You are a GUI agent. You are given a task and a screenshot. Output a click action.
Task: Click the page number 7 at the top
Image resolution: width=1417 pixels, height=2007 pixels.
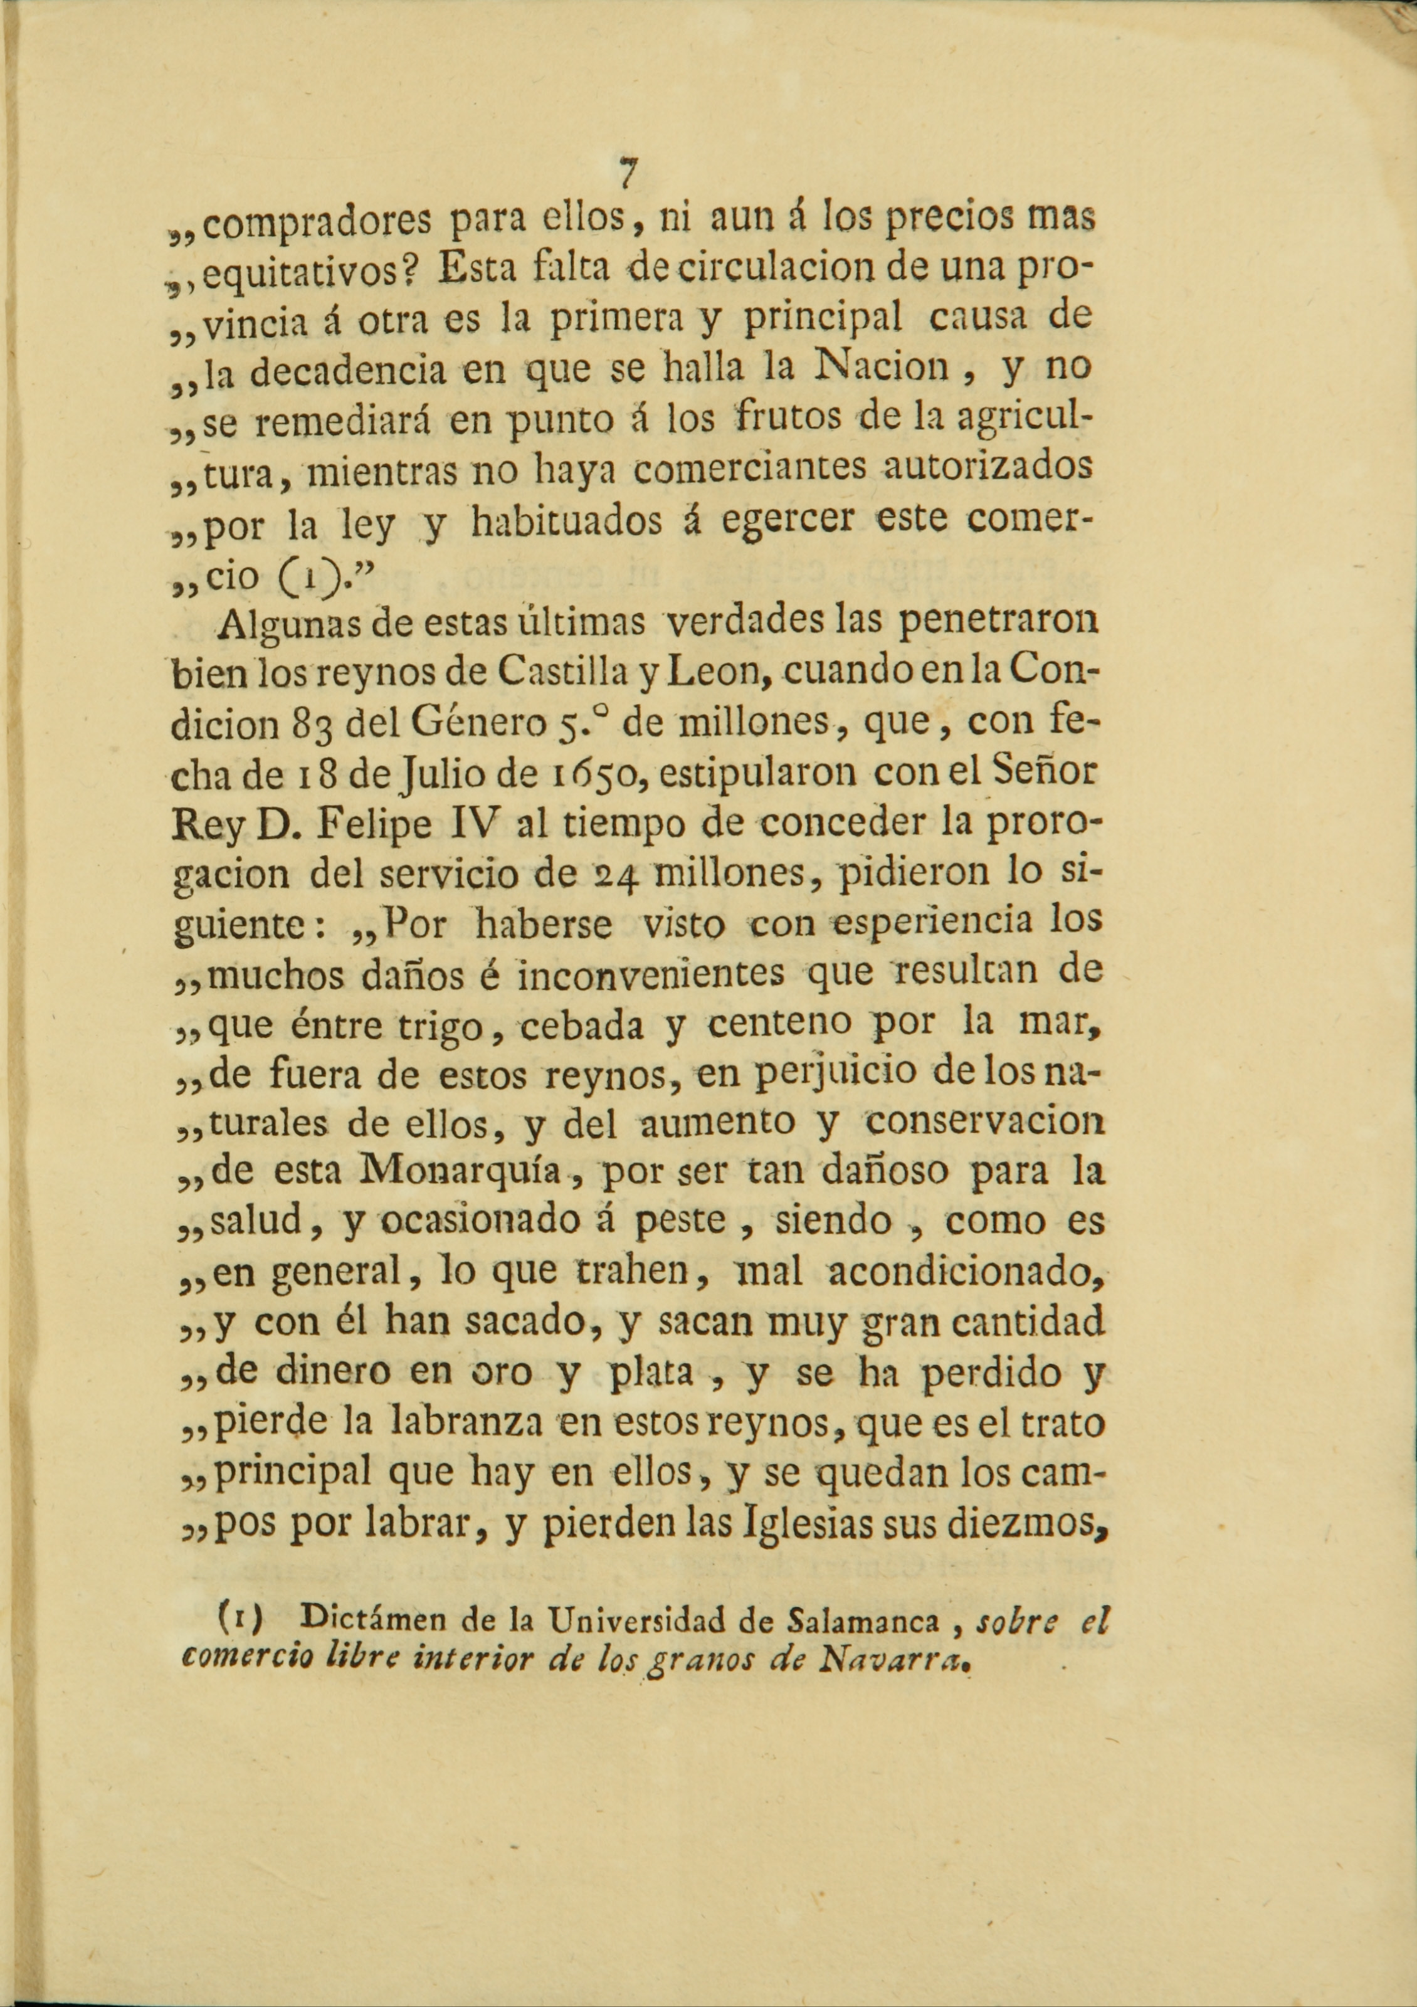tap(626, 173)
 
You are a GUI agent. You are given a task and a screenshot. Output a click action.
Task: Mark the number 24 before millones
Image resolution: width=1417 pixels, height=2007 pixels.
tap(614, 877)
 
